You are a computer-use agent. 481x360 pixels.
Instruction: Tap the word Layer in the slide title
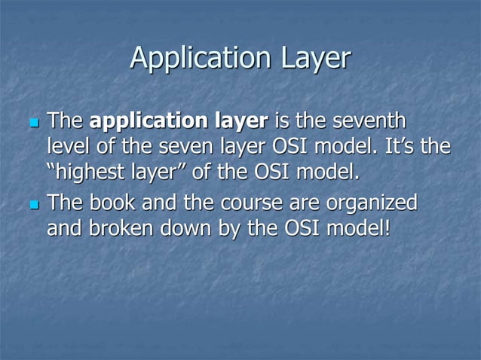click(314, 58)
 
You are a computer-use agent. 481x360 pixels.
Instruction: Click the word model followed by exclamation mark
click(361, 229)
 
